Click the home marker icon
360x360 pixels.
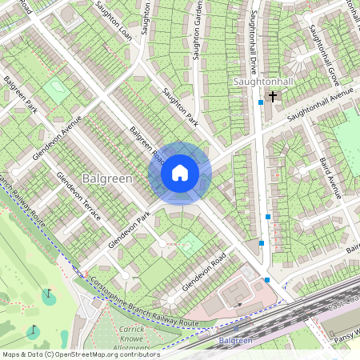click(x=180, y=173)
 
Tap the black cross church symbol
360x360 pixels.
click(x=273, y=97)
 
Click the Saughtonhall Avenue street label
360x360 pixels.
click(x=320, y=104)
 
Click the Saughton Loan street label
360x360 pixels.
click(x=113, y=20)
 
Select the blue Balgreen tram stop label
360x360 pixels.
click(x=235, y=340)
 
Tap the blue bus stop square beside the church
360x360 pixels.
click(x=261, y=102)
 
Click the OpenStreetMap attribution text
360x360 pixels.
click(x=80, y=354)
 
